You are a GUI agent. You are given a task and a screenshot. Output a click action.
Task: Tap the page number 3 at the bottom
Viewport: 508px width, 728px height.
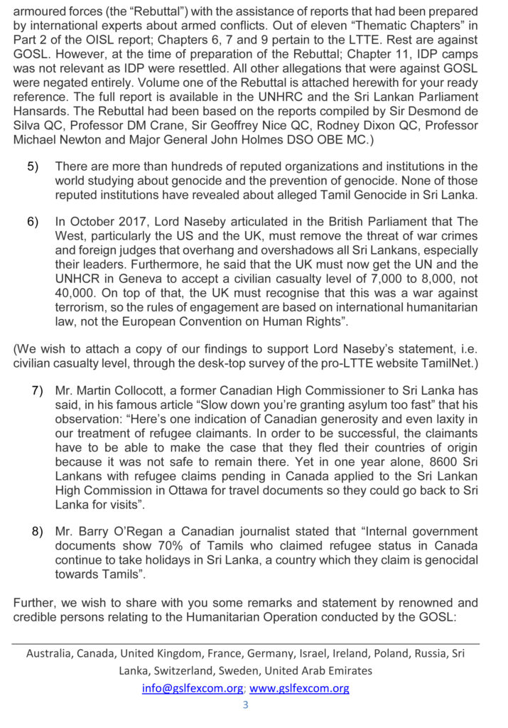[246, 705]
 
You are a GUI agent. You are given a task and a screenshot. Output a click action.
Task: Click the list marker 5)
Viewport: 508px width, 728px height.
[33, 166]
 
